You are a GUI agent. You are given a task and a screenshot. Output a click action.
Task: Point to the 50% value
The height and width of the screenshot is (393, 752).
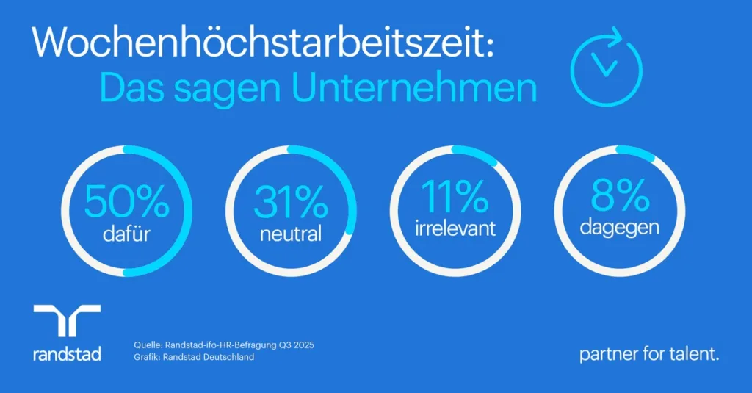point(126,200)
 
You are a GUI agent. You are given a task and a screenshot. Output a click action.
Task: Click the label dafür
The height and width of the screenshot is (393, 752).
point(126,234)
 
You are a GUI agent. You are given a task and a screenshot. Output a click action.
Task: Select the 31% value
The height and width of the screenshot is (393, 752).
point(290,200)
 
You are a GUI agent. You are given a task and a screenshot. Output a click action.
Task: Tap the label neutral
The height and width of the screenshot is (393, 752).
point(290,234)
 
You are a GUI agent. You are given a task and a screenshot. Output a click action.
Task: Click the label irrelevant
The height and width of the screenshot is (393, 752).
point(455,228)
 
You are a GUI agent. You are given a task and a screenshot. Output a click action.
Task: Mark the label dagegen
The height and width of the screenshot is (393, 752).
point(619,228)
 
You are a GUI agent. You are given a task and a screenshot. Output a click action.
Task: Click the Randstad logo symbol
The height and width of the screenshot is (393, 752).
point(67,321)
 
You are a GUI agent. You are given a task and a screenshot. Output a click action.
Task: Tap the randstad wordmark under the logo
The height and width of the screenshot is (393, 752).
point(67,354)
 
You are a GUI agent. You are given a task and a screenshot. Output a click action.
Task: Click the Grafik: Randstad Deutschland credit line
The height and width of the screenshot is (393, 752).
point(195,358)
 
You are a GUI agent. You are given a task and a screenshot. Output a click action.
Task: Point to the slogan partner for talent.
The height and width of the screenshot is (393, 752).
point(649,355)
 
